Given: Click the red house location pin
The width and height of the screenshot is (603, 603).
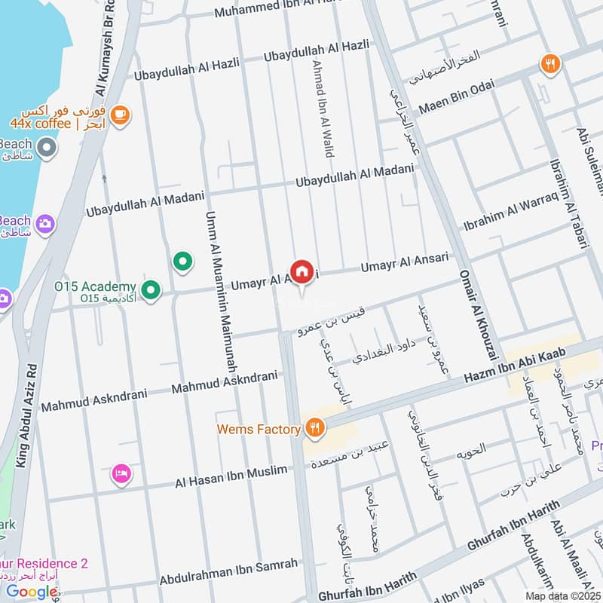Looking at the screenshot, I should click(x=302, y=272).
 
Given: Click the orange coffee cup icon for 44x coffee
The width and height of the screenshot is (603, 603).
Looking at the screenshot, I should click(x=119, y=115).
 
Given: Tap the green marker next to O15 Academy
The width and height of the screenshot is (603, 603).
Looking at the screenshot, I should click(x=152, y=289).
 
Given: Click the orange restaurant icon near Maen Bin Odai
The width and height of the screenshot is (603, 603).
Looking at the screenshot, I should click(x=550, y=65).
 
